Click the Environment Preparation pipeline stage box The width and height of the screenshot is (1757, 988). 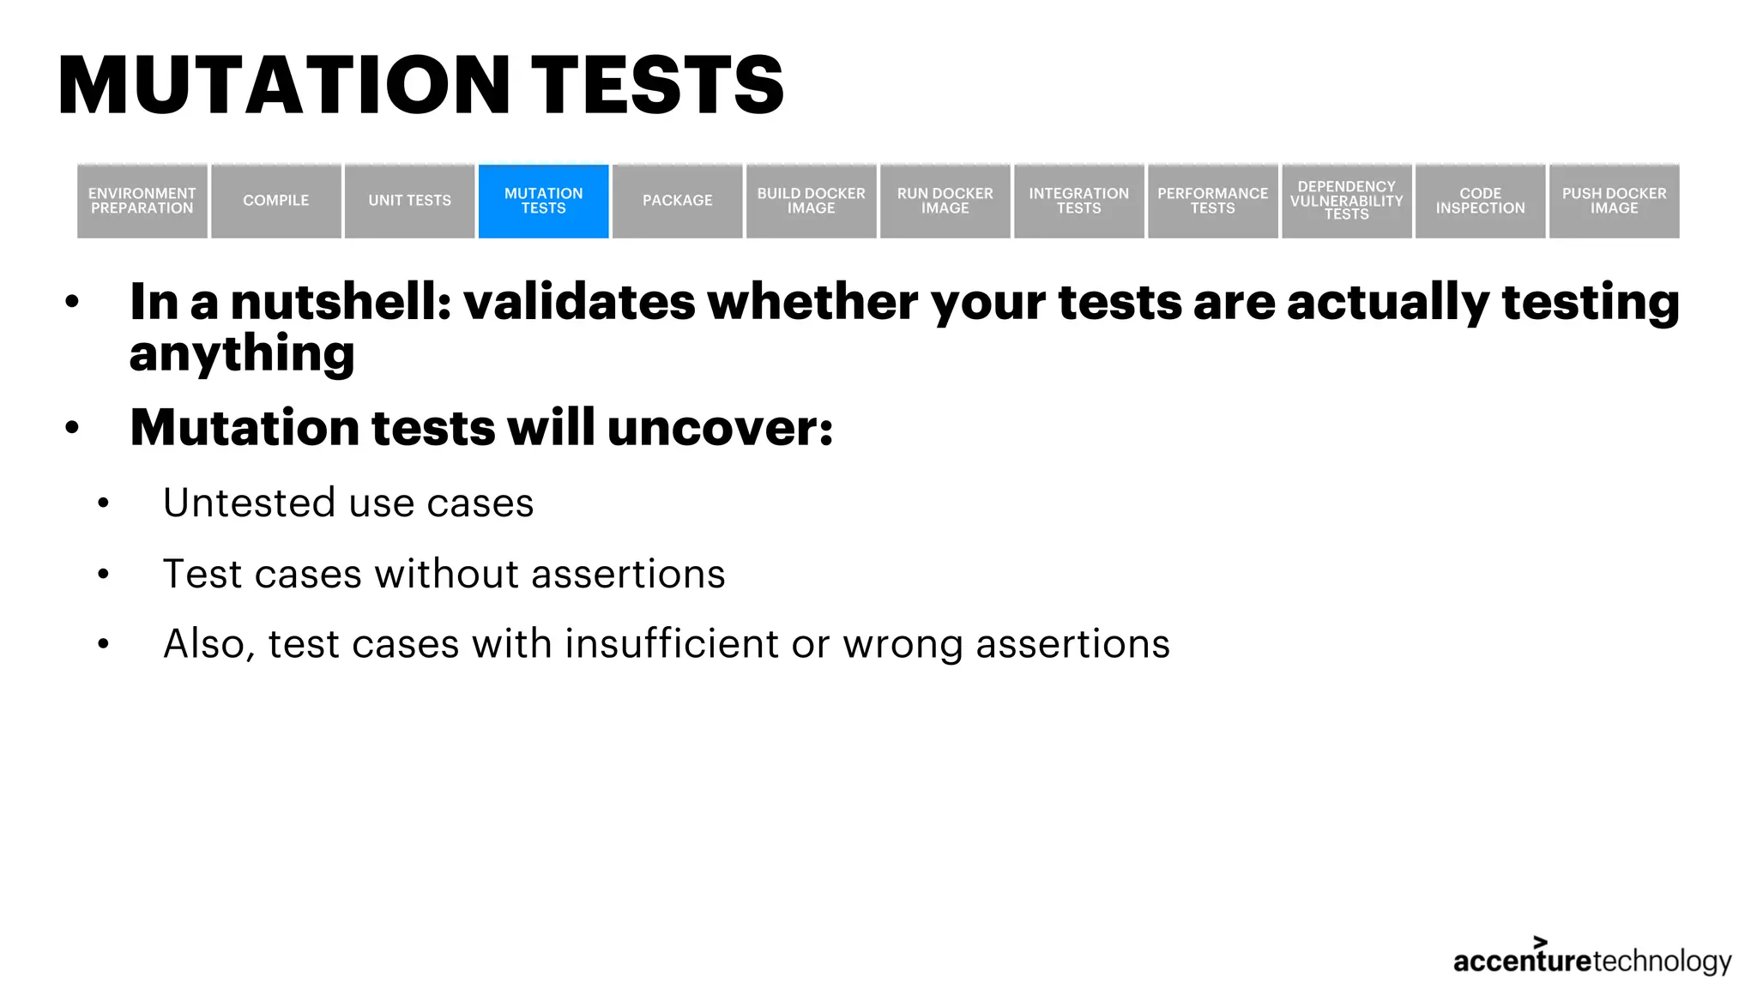click(142, 201)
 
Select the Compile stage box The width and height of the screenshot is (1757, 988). click(276, 201)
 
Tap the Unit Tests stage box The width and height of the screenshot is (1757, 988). click(410, 201)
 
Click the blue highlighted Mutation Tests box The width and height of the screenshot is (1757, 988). click(544, 201)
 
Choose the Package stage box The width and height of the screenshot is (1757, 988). click(678, 201)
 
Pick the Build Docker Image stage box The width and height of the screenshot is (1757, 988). click(812, 201)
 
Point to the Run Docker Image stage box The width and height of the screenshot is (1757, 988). click(945, 201)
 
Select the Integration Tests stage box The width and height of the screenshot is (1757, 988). click(1079, 201)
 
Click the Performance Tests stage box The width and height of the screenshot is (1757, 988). click(1213, 201)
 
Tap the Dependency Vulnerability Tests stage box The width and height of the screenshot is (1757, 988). click(1347, 201)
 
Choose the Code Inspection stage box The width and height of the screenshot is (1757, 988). click(1481, 201)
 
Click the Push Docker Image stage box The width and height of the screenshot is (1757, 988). click(1615, 201)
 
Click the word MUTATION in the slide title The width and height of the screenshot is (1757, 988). click(284, 85)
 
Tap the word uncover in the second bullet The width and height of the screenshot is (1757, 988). click(719, 427)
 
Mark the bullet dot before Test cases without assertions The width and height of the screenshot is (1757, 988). click(104, 574)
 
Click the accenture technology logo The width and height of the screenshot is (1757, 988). click(1592, 959)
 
